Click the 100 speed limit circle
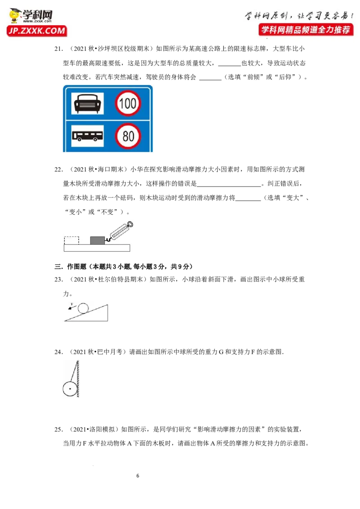128,103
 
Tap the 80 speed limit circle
128,136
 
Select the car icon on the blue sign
87,103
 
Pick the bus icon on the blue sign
87,136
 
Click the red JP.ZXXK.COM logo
37,31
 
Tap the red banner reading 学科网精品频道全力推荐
306,30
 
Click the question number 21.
58,49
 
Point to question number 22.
58,170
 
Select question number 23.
58,280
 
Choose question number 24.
58,352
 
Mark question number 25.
58,429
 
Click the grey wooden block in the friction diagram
97,241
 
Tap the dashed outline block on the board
72,241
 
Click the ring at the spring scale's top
130,224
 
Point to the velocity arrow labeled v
71,307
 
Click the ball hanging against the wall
70,388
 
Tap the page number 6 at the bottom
138,476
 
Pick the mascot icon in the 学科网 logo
14,16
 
